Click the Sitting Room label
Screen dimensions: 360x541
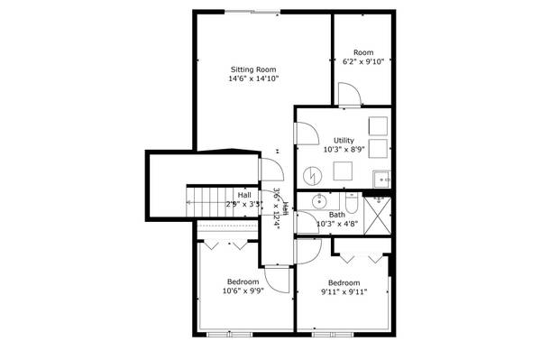(253, 69)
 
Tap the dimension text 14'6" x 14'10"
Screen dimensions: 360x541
(253, 79)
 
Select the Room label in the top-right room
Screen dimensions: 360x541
(362, 52)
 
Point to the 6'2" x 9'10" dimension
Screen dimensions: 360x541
(362, 62)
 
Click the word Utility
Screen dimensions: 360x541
(344, 140)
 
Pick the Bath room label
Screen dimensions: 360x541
(336, 215)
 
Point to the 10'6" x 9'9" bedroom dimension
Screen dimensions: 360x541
(243, 291)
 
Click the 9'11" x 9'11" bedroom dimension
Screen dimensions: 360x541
(344, 291)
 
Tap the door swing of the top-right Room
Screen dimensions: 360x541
(348, 92)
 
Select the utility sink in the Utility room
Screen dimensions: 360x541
(381, 177)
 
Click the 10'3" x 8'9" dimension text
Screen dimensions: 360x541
(344, 150)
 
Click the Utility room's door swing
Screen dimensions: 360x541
(306, 131)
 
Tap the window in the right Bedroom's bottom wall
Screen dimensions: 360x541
(335, 335)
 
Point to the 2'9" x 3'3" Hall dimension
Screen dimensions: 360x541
(244, 204)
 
